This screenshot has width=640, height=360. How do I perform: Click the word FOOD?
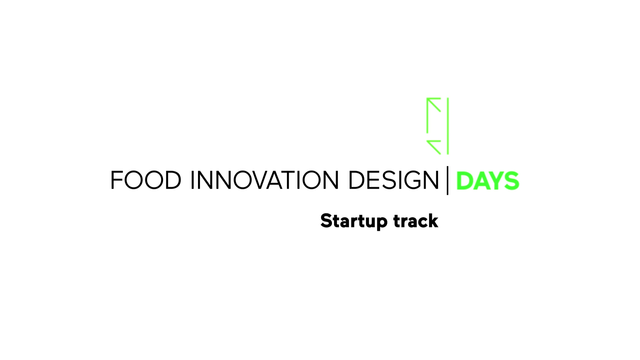pyautogui.click(x=146, y=180)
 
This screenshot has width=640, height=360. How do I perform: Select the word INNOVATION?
pyautogui.click(x=265, y=180)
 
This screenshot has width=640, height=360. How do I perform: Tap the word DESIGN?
pyautogui.click(x=394, y=180)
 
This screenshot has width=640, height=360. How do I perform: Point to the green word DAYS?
pyautogui.click(x=487, y=181)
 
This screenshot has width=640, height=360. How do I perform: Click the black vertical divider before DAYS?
pyautogui.click(x=447, y=180)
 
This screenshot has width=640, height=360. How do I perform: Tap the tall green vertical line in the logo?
pyautogui.click(x=448, y=126)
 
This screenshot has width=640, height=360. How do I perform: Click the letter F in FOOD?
pyautogui.click(x=116, y=180)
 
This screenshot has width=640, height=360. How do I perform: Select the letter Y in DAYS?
pyautogui.click(x=495, y=181)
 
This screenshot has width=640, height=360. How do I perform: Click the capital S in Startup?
pyautogui.click(x=327, y=221)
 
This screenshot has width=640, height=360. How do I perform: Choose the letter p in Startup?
pyautogui.click(x=381, y=223)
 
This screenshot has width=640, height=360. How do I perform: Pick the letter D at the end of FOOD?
pyautogui.click(x=172, y=180)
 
